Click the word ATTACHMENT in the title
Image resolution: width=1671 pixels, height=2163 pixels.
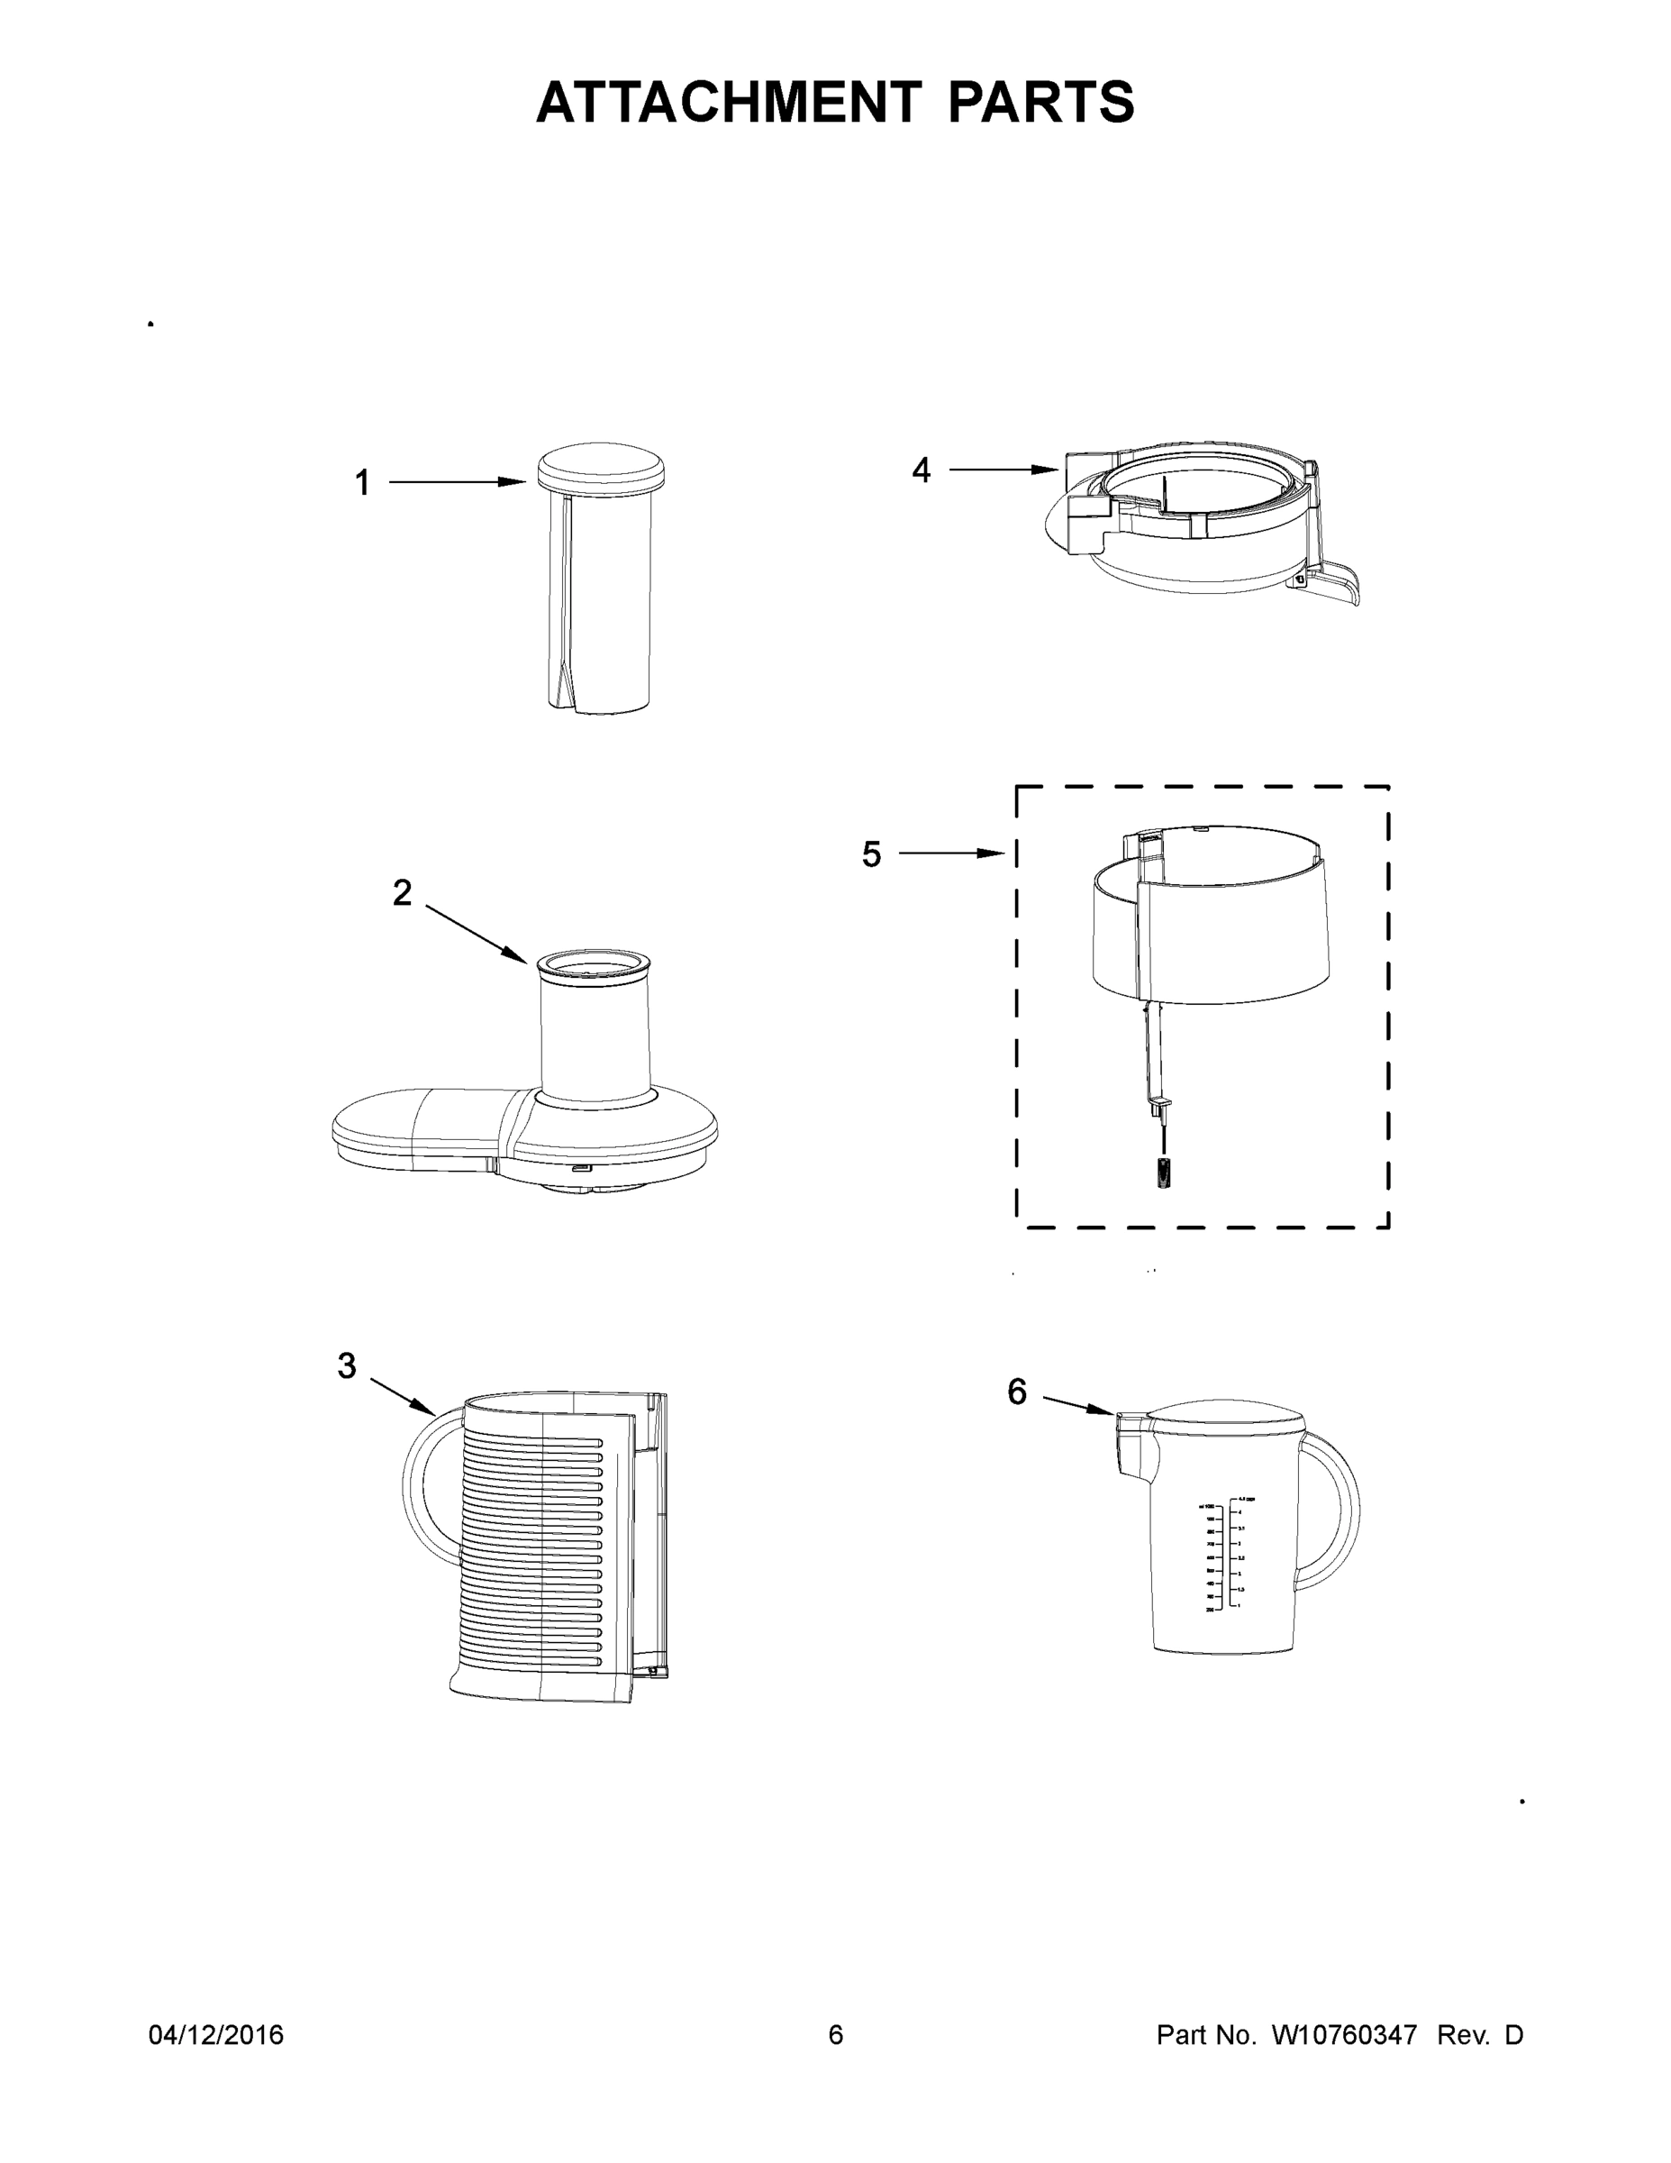pyautogui.click(x=728, y=102)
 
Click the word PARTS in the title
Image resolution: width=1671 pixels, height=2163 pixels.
pyautogui.click(x=1041, y=102)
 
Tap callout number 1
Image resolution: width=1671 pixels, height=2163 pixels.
pyautogui.click(x=362, y=483)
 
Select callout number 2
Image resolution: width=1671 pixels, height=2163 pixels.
pyautogui.click(x=402, y=892)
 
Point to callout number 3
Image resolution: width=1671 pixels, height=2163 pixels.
pyautogui.click(x=347, y=1366)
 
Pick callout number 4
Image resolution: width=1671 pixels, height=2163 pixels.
pyautogui.click(x=921, y=470)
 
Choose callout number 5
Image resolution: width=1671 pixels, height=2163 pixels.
pyautogui.click(x=871, y=853)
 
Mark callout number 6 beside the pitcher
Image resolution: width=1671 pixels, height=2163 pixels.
pyautogui.click(x=1017, y=1392)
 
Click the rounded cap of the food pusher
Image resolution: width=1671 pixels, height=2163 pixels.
pyautogui.click(x=600, y=465)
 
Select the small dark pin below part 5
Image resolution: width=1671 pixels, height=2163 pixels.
pyautogui.click(x=1163, y=1174)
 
